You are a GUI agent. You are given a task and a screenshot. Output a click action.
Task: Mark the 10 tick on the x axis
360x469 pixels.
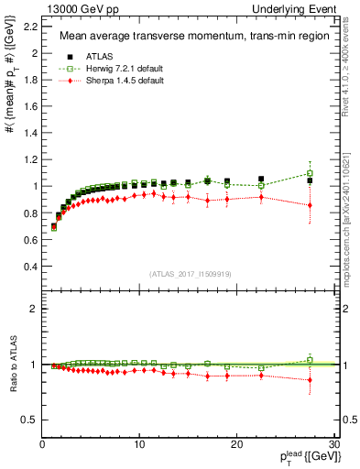point(139,444)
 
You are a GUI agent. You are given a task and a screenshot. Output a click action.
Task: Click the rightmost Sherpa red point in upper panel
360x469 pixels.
point(310,205)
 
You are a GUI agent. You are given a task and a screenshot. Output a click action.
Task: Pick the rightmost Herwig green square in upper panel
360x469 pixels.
point(310,173)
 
